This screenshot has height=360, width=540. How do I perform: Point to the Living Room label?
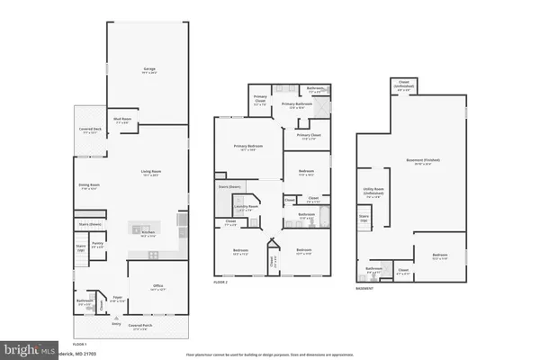[149, 173]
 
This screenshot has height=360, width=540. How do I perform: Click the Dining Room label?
[90, 186]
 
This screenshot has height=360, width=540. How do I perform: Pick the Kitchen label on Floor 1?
[148, 233]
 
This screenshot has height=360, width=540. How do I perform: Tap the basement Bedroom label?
[439, 256]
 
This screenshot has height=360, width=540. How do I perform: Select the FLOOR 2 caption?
[221, 282]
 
